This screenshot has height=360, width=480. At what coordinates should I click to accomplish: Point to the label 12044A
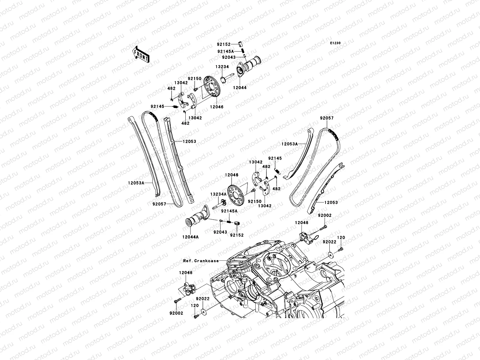[x=190, y=237]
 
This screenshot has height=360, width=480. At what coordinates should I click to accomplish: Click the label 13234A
[x=218, y=194]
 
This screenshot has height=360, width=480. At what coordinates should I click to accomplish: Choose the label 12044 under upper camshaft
[x=240, y=88]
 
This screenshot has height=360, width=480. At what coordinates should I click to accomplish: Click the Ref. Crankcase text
[x=201, y=261]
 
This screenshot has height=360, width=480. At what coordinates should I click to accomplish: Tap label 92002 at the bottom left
[x=176, y=313]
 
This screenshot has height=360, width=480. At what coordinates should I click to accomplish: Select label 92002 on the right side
[x=325, y=215]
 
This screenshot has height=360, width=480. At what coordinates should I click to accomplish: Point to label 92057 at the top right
[x=327, y=118]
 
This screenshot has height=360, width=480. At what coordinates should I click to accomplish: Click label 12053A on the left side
[x=136, y=182]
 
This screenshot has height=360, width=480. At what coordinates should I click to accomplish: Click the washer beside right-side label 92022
[x=330, y=255]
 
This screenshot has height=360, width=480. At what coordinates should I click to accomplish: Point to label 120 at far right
[x=341, y=237]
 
